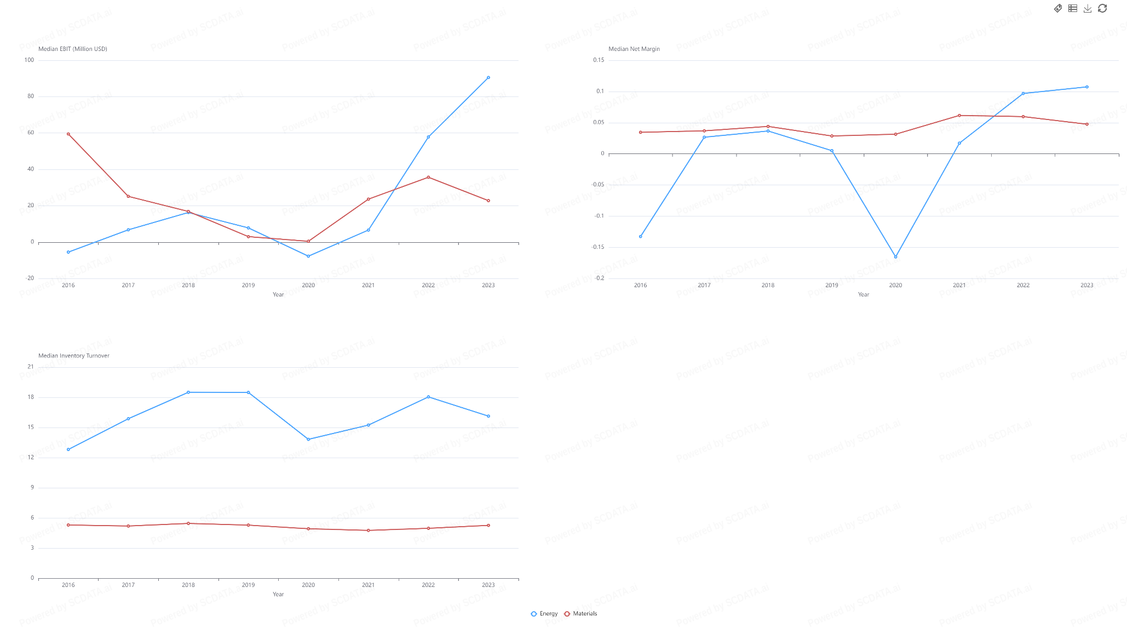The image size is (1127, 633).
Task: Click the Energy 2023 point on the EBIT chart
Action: coord(488,78)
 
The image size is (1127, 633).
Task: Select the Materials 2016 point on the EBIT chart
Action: coord(68,134)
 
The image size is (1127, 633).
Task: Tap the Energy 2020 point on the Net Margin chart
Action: coord(895,257)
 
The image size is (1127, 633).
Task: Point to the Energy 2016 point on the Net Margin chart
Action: coord(640,237)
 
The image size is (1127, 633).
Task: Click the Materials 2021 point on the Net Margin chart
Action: coord(959,116)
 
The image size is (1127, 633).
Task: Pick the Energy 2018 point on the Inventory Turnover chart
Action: coord(188,392)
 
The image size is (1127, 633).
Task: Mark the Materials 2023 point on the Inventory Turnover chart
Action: coord(488,526)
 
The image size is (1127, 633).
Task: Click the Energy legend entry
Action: coord(544,614)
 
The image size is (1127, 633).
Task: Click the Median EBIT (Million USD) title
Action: coord(73,49)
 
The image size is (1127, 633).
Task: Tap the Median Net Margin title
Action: coord(634,49)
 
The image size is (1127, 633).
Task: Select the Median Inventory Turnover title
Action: coord(74,356)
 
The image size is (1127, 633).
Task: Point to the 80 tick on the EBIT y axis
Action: coord(31,96)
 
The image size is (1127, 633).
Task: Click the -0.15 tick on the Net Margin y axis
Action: coord(598,247)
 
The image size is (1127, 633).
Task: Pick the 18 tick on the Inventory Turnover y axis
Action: coord(31,397)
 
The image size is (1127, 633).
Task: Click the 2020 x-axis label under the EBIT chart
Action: coord(308,285)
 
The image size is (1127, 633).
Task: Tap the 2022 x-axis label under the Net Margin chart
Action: coord(1023,285)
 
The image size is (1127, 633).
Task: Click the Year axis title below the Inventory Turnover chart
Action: coord(278,594)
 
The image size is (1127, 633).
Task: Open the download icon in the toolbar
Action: coord(1088,8)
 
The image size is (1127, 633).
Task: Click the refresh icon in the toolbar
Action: coord(1102,8)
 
